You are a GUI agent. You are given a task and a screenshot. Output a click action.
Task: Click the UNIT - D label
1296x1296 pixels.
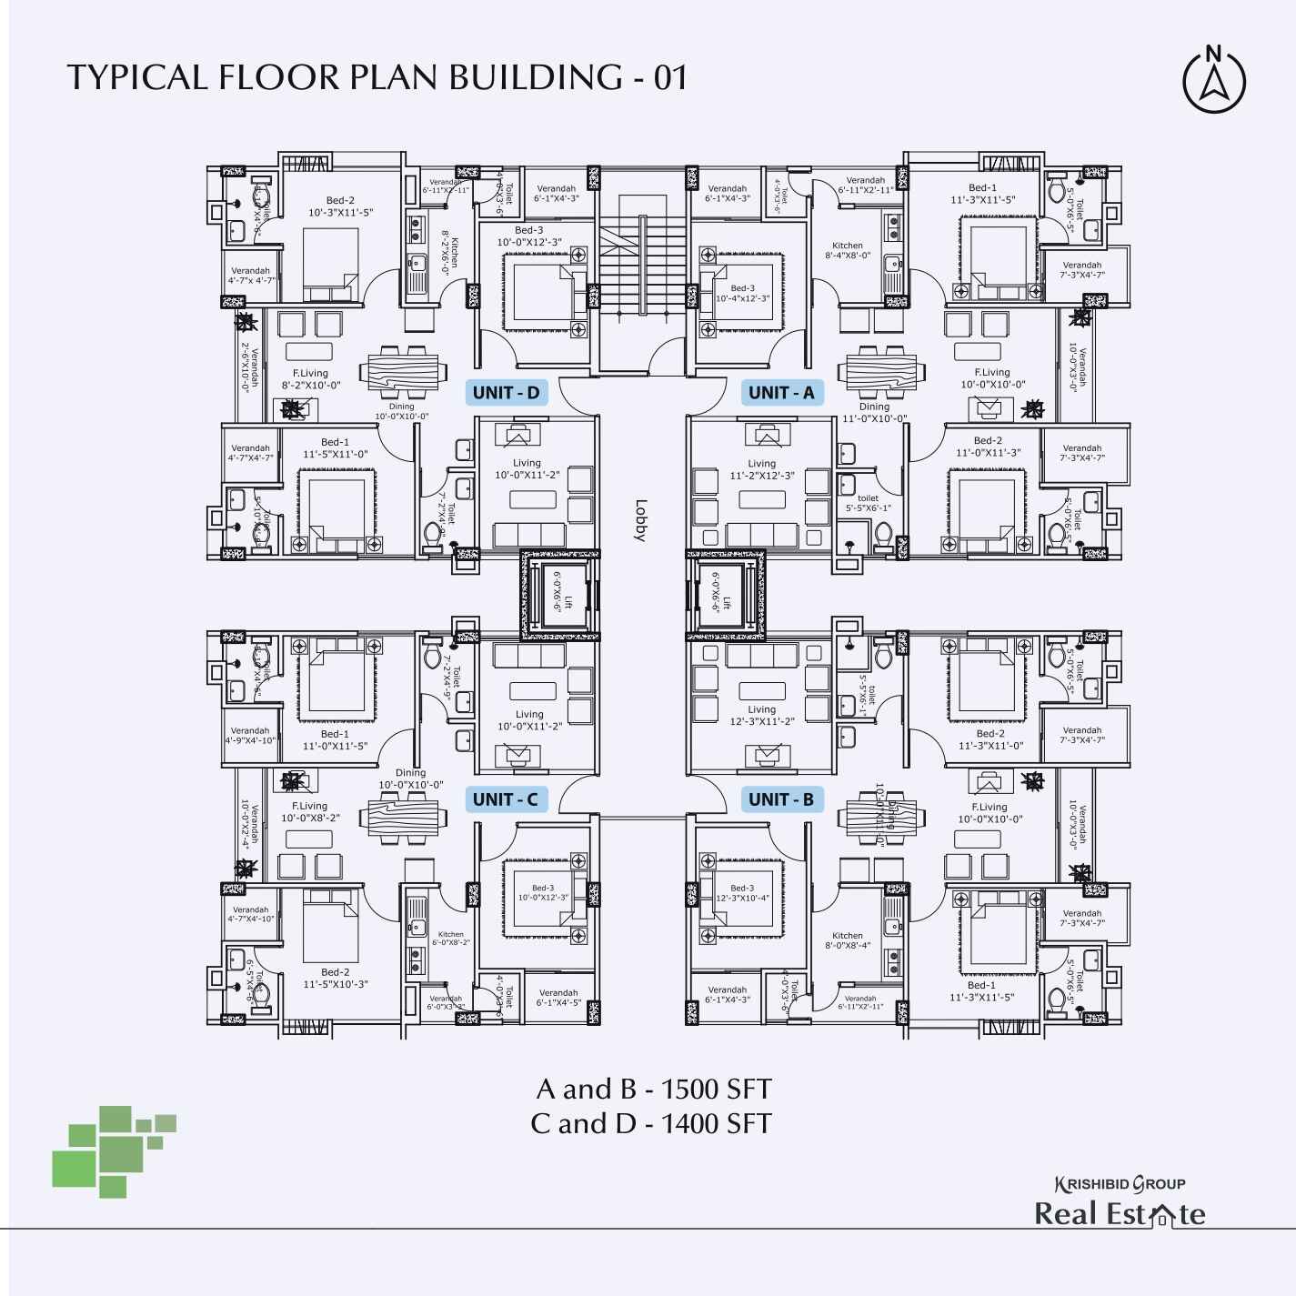(507, 393)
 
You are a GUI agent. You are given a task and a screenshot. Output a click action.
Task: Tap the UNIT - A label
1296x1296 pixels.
(781, 393)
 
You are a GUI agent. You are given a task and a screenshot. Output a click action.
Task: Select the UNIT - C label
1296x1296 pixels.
(506, 799)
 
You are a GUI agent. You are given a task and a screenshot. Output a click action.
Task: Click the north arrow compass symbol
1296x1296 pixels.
(1214, 81)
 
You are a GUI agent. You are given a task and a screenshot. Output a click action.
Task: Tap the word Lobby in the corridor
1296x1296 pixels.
(640, 520)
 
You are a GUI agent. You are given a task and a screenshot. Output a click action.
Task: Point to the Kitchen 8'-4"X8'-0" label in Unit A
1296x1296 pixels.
(848, 250)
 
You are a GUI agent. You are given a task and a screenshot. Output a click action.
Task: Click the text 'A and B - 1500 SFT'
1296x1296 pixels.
(653, 1088)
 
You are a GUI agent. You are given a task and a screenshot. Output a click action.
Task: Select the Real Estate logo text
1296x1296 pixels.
(1120, 1214)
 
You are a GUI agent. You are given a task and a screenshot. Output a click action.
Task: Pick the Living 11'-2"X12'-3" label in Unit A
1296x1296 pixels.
(762, 469)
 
